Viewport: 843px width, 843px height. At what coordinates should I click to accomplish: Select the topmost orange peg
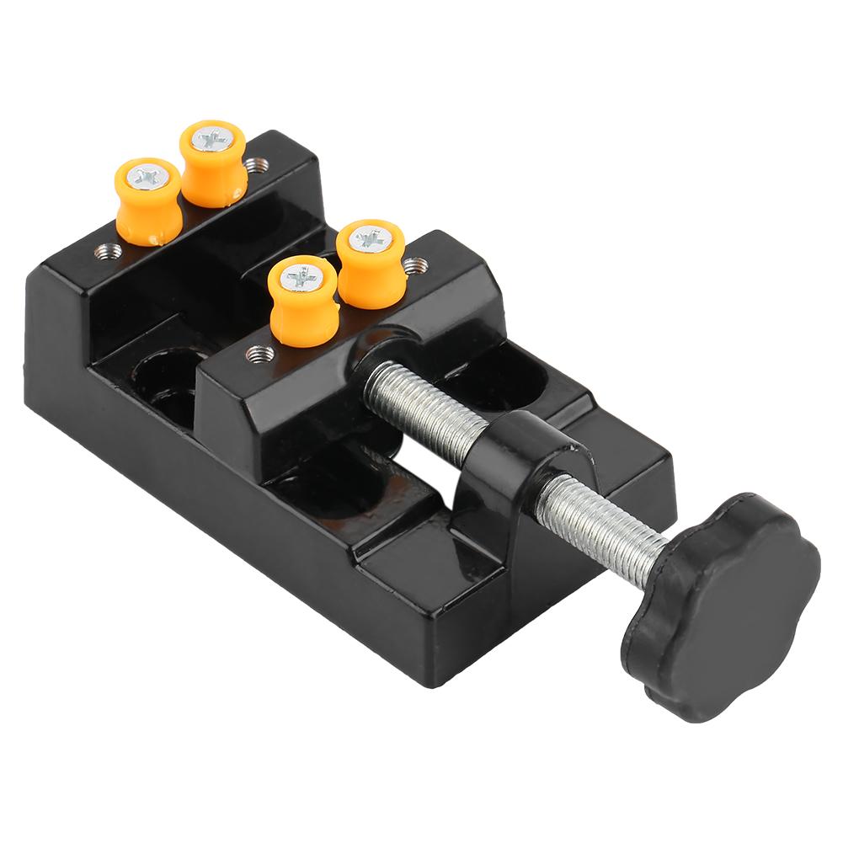pyautogui.click(x=213, y=164)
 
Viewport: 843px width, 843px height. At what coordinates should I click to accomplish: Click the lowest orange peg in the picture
pyautogui.click(x=303, y=304)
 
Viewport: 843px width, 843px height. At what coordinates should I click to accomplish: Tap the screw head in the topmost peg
pyautogui.click(x=213, y=138)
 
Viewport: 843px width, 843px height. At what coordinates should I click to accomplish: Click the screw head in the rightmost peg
pyautogui.click(x=371, y=240)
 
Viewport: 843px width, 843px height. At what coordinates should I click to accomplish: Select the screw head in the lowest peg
pyautogui.click(x=302, y=278)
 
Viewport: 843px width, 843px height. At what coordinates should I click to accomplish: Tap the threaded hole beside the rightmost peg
pyautogui.click(x=413, y=266)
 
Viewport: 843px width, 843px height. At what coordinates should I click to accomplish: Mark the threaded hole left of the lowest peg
pyautogui.click(x=260, y=353)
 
